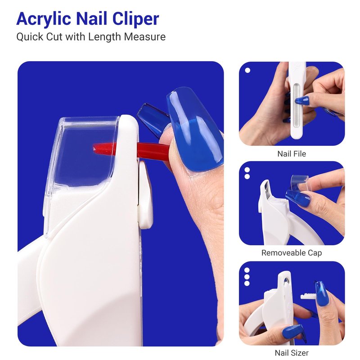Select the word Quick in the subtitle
(30, 37)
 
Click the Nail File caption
(292, 153)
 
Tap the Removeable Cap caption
(292, 253)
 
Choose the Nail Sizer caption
(292, 353)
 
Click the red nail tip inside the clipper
(131, 150)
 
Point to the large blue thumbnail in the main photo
(195, 129)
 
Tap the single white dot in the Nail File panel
(247, 70)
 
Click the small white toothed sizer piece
(308, 296)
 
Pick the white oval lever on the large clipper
(145, 195)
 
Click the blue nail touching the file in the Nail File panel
(302, 100)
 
